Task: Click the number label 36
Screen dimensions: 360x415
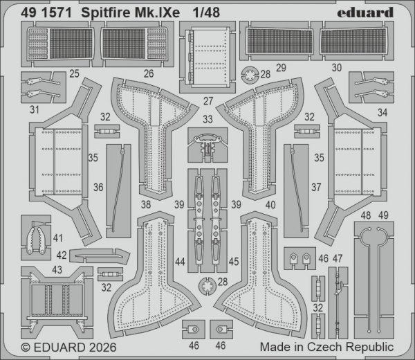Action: [98, 186]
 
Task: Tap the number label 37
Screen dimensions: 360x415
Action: [316, 186]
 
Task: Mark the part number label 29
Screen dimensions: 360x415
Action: [280, 68]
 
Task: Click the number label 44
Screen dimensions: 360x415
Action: [179, 261]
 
